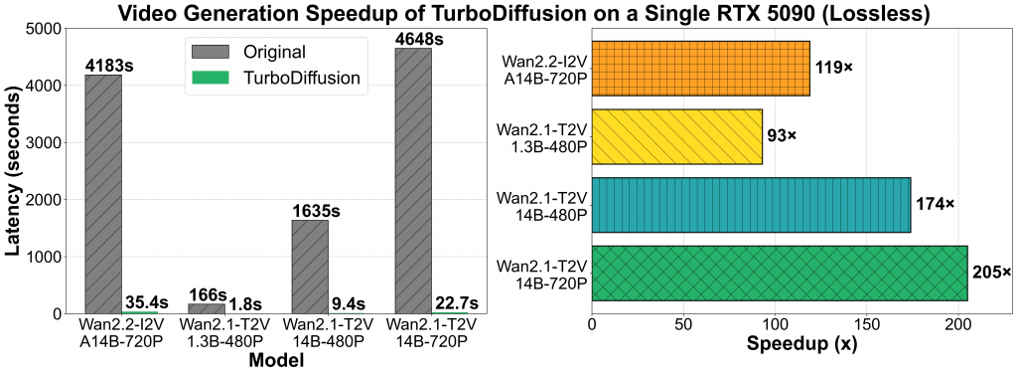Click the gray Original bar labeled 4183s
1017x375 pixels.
pyautogui.click(x=102, y=194)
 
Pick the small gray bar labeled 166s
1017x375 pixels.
pyautogui.click(x=206, y=308)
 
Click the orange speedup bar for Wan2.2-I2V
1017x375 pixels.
pyautogui.click(x=700, y=68)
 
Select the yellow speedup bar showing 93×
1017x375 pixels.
pyautogui.click(x=676, y=136)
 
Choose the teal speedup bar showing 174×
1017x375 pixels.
pyautogui.click(x=751, y=205)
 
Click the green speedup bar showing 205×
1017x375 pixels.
pyautogui.click(x=779, y=273)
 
